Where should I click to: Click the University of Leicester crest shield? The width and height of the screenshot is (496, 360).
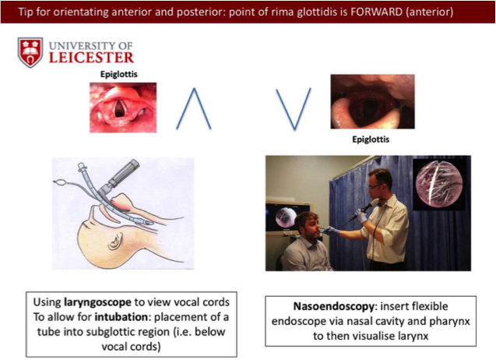tap(31, 51)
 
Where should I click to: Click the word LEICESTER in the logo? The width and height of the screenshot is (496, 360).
tap(91, 57)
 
